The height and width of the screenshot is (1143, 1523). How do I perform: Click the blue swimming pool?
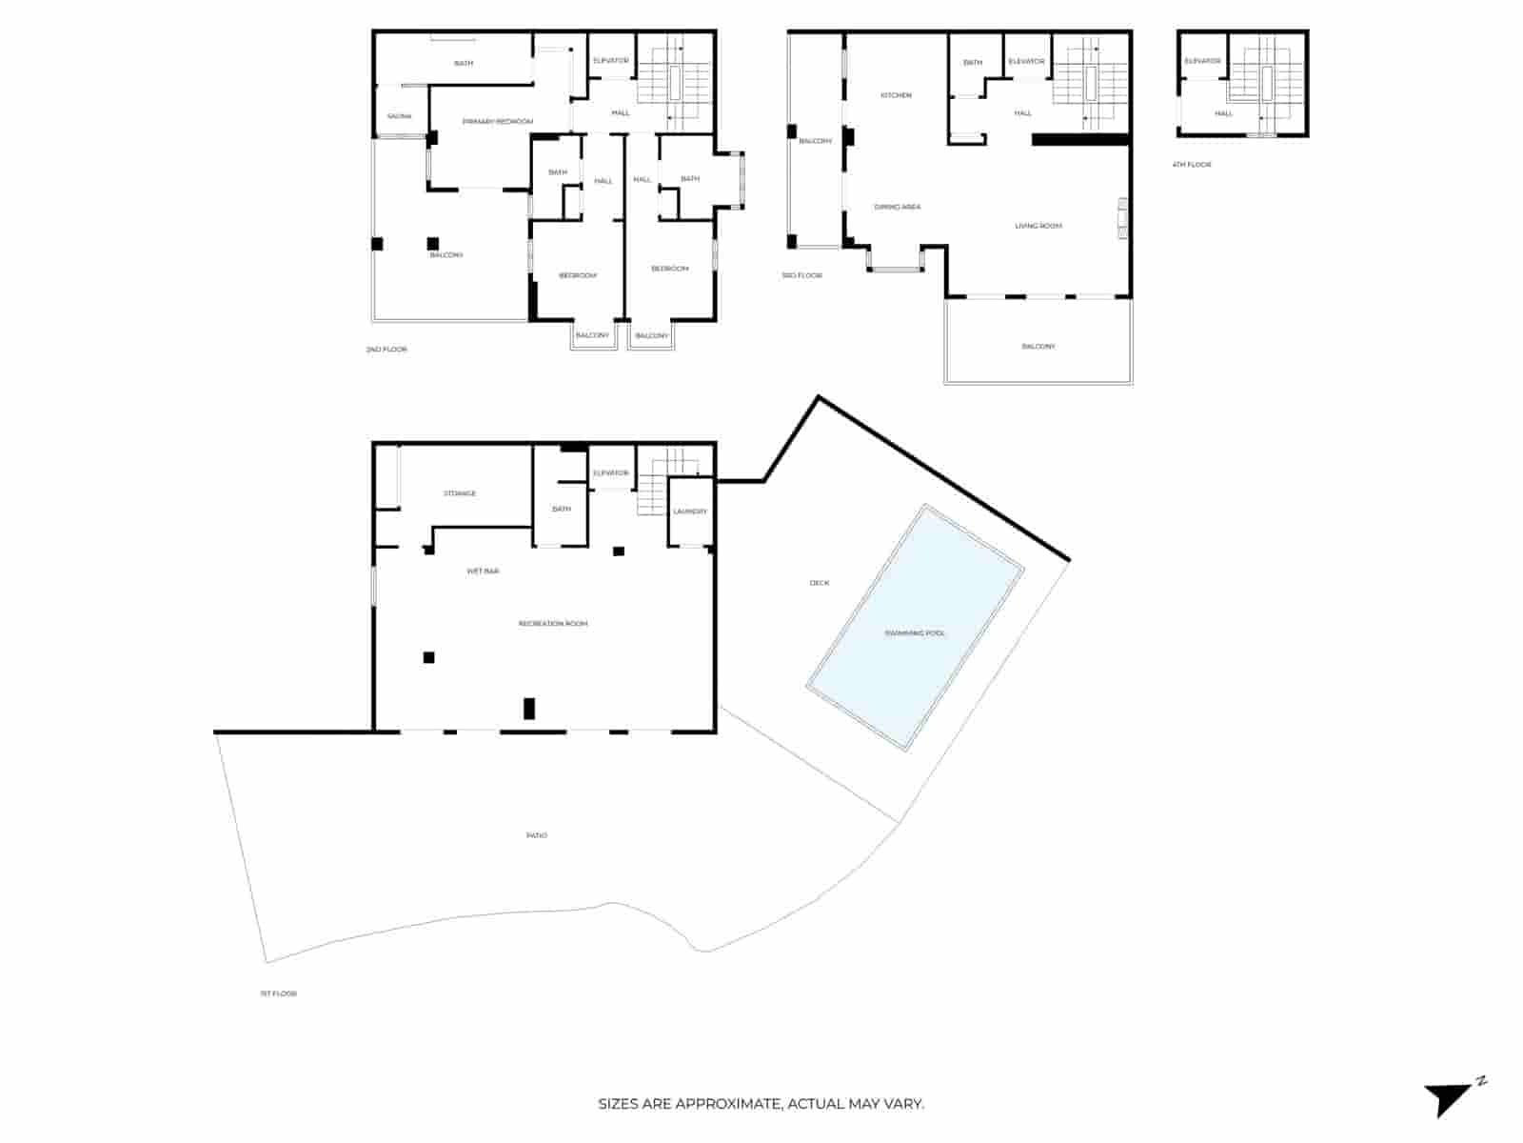coord(915,629)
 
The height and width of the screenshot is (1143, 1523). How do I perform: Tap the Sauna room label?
coord(400,116)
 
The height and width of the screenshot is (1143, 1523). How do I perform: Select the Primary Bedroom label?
coord(497,121)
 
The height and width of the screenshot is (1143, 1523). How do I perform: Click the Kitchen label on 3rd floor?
coord(896,95)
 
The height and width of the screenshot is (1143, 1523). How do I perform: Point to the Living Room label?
coord(1038,226)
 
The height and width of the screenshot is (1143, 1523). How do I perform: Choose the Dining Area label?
coord(898,207)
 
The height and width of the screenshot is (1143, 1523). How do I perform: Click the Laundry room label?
coord(690,511)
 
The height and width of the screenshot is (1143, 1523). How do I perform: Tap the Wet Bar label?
coord(483,571)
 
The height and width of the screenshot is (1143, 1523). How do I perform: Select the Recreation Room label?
coord(553,623)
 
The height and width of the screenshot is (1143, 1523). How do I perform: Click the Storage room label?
coord(460,493)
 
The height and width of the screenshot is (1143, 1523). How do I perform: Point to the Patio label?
coord(537,835)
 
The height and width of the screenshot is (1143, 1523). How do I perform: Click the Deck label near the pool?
coord(820,583)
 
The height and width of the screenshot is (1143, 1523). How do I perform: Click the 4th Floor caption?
coord(1192,165)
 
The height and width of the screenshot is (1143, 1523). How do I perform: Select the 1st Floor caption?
coord(279,993)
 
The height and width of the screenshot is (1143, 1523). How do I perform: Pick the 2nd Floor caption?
coord(386,350)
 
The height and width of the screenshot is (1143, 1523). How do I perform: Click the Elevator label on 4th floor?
coord(1202,61)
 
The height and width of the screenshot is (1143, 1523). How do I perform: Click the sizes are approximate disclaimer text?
coord(761,1104)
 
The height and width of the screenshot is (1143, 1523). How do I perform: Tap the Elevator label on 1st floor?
coord(610,473)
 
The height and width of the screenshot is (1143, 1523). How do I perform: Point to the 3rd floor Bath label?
coord(972,63)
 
